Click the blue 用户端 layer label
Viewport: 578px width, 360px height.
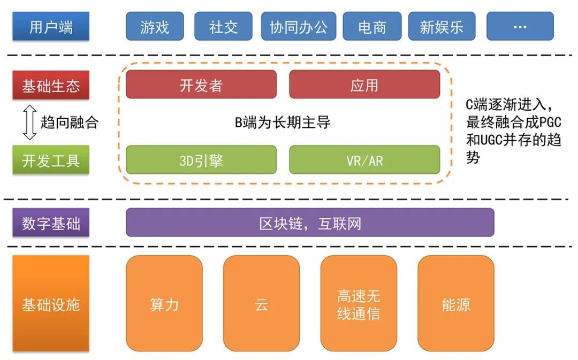pos(51,27)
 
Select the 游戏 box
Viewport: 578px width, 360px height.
pos(155,27)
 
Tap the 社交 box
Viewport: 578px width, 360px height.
pos(224,27)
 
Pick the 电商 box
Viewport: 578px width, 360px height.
pos(371,27)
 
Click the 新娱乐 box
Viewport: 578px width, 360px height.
pos(442,27)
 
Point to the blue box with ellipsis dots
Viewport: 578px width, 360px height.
pos(520,27)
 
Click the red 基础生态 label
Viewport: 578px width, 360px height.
pos(51,86)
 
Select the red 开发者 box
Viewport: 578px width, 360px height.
pos(201,85)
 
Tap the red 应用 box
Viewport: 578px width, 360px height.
pos(364,85)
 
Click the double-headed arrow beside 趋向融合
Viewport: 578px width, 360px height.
pos(30,122)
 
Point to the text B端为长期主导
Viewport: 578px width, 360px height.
pos(283,122)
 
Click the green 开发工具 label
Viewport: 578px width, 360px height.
pos(51,160)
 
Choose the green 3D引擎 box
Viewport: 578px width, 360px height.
pos(201,160)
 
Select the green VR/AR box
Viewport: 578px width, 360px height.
pos(364,160)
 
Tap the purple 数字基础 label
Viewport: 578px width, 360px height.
pos(51,223)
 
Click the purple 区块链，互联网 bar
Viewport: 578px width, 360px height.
pos(310,223)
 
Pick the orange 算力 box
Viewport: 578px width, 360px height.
pos(164,304)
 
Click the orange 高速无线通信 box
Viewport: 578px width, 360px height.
pos(359,304)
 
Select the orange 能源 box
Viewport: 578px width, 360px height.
pos(456,304)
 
